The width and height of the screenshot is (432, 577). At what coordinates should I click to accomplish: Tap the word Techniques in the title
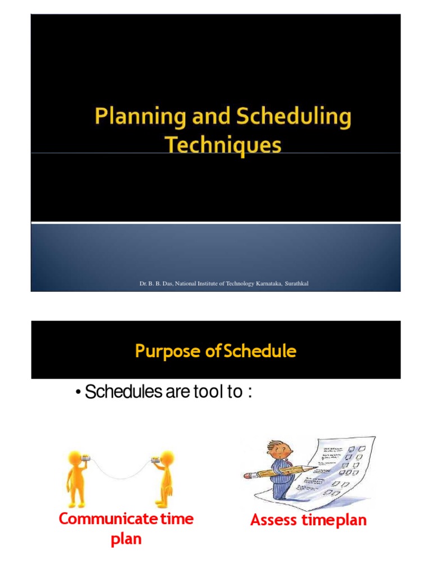pos(223,145)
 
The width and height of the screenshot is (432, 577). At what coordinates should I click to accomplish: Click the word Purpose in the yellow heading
pos(168,352)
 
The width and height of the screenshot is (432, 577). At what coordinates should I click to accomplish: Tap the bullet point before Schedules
pos(78,392)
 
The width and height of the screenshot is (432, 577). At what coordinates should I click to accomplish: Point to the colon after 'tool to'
pos(248,392)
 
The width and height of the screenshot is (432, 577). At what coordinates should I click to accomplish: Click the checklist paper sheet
pos(337,468)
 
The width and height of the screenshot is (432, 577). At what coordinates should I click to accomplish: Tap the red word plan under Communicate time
pos(126,539)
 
